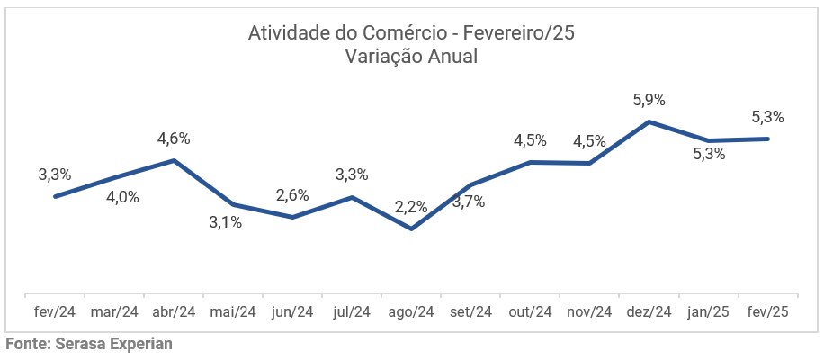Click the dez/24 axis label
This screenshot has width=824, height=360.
click(649, 312)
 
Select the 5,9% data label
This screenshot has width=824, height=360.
click(649, 98)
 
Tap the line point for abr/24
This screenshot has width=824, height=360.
click(174, 160)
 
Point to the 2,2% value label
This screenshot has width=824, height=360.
click(411, 207)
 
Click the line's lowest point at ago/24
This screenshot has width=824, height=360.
click(411, 229)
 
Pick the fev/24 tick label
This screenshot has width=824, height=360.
click(55, 312)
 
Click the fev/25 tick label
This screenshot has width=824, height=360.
click(768, 312)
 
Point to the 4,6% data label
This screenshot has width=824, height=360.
click(174, 139)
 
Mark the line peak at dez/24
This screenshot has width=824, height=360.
click(649, 121)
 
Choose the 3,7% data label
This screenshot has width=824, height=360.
click(468, 202)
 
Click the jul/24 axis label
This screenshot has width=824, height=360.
click(352, 312)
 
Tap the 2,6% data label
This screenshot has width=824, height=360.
click(292, 194)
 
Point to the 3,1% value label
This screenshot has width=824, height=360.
click(225, 222)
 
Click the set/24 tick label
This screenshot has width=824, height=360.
click(470, 312)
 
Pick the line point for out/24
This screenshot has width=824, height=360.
click(530, 162)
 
